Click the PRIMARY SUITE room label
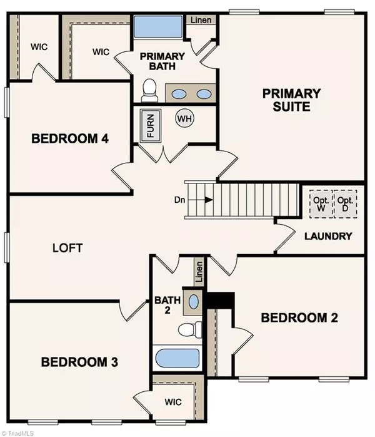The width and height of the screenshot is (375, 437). tap(291, 100)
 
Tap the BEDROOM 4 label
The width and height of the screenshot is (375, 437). tap(70, 139)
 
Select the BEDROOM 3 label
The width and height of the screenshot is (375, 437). tap(79, 362)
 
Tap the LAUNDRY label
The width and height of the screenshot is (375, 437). tap(327, 236)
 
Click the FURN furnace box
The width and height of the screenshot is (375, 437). tap(151, 126)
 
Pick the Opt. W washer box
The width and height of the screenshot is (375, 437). tap(321, 203)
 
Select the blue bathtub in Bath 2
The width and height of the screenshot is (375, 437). tap(177, 359)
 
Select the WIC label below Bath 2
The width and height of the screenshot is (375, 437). tap(173, 402)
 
